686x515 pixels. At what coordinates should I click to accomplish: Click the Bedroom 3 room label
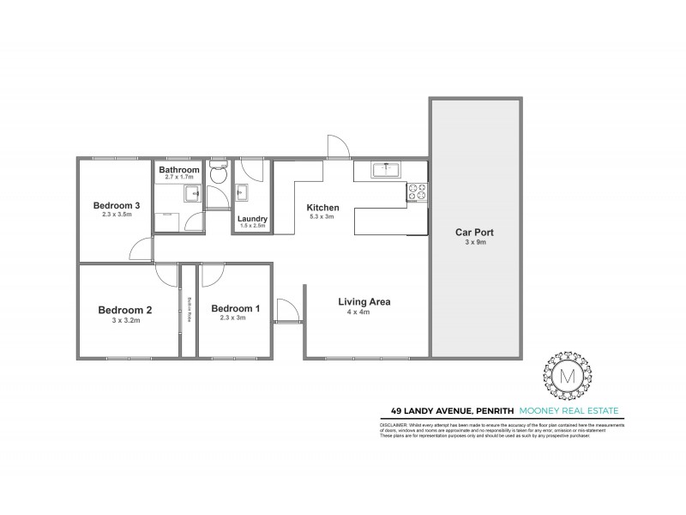[117, 205]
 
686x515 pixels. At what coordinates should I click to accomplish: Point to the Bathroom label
[178, 170]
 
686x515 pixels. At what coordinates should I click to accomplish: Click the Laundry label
[252, 219]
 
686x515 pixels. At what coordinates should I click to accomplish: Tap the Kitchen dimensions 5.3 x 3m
[323, 217]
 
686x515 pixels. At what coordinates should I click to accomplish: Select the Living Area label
[364, 301]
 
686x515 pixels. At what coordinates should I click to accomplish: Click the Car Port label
[473, 232]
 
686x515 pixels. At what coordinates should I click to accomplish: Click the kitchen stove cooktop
[417, 192]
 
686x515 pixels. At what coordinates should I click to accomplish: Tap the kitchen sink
[388, 170]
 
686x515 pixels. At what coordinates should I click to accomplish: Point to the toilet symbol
[218, 173]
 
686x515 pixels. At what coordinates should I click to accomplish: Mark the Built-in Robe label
[190, 310]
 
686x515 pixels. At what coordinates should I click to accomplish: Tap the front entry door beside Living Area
[288, 312]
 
